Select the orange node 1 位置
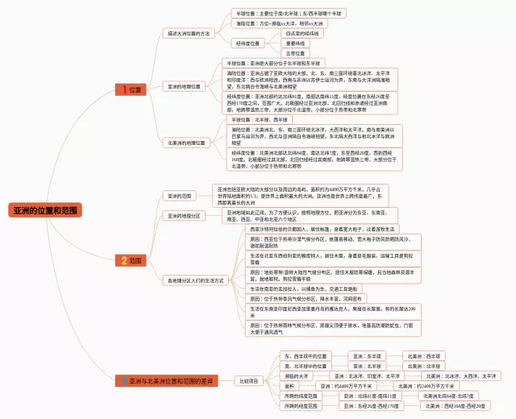pos(129,89)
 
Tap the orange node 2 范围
pos(130,261)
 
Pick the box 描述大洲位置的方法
pos(188,34)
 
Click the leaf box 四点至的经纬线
pos(302,34)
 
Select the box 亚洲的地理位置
pos(185,86)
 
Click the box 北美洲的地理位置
pos(185,143)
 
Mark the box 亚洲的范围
pos(180,196)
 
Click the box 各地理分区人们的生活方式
pos(194,280)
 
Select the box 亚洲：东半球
pos(367,355)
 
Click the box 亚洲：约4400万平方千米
pos(367,387)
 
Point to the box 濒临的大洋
pos(297,376)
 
